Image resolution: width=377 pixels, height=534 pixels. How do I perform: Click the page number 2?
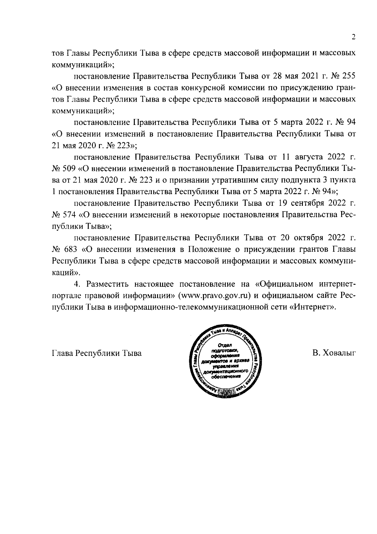click(353, 37)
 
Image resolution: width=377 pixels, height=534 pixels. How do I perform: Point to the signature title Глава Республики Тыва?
click(96, 353)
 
